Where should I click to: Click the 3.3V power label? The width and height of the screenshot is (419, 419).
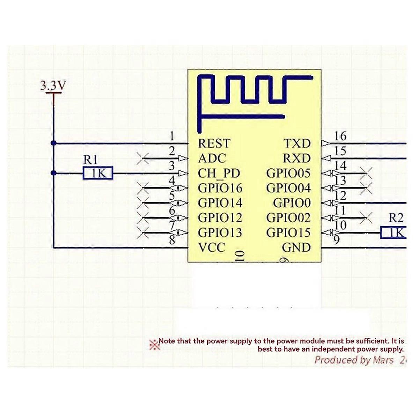pos(53,86)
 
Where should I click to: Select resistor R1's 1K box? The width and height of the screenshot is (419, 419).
pos(98,173)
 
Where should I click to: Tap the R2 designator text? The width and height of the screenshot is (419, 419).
pos(396,218)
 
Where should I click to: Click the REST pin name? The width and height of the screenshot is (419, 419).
pos(214,144)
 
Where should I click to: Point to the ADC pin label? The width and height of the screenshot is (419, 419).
pos(212,159)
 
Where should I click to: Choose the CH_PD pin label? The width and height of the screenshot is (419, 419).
pos(219,174)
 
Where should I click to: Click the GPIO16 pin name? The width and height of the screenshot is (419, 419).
pos(220,188)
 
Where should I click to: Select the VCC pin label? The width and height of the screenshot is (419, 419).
pos(212,248)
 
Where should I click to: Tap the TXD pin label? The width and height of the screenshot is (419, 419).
pos(297,144)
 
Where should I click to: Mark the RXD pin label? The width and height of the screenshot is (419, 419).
pos(296,159)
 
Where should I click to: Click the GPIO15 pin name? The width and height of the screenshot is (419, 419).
pos(288,233)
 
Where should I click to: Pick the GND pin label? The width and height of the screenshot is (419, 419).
pos(296,248)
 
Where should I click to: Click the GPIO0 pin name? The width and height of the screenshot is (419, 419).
pos(292,203)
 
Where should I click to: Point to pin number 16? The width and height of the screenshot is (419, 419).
pos(340,136)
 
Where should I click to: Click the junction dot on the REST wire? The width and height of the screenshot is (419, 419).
pos(53,143)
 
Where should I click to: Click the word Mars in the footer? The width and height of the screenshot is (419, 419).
pos(383,360)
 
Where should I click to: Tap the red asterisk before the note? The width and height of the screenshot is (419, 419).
pos(154,345)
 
